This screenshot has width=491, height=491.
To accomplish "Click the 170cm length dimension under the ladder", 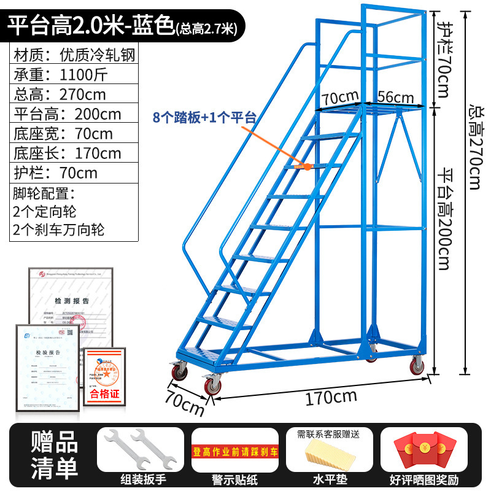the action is (331, 398).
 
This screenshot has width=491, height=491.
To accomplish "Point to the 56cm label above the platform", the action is (395, 96).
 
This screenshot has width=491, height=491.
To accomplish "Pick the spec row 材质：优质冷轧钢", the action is (73, 55).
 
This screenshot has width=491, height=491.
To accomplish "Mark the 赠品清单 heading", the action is (55, 455).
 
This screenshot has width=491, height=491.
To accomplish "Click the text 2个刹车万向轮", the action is (58, 230).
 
